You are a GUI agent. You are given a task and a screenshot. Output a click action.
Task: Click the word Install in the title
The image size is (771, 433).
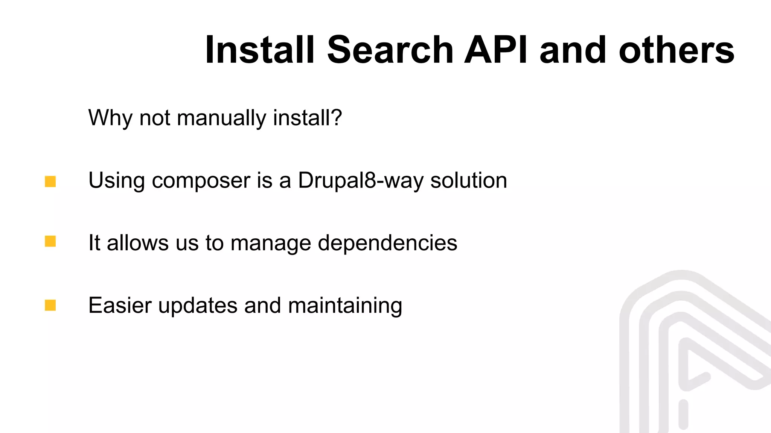(259, 50)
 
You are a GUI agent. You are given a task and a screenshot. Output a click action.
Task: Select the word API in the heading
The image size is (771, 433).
(496, 50)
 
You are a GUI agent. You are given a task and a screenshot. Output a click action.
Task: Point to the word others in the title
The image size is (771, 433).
(677, 50)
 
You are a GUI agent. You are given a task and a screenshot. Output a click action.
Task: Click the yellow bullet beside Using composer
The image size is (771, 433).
(50, 182)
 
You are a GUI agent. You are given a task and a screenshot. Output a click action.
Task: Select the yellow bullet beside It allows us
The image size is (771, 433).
(50, 241)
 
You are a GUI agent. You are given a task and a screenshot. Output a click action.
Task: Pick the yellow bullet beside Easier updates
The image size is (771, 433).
(50, 305)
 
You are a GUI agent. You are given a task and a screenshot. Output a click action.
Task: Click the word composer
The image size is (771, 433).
(201, 181)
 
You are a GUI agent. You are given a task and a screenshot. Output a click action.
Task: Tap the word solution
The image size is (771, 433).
(469, 180)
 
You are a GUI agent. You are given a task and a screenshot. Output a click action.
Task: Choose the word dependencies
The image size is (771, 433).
(387, 243)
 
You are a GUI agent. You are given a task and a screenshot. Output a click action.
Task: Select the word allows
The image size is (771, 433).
(138, 242)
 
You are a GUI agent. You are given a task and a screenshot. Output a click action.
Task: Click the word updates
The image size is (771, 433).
(198, 305)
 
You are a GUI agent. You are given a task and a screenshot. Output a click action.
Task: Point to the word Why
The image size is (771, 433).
(110, 118)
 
